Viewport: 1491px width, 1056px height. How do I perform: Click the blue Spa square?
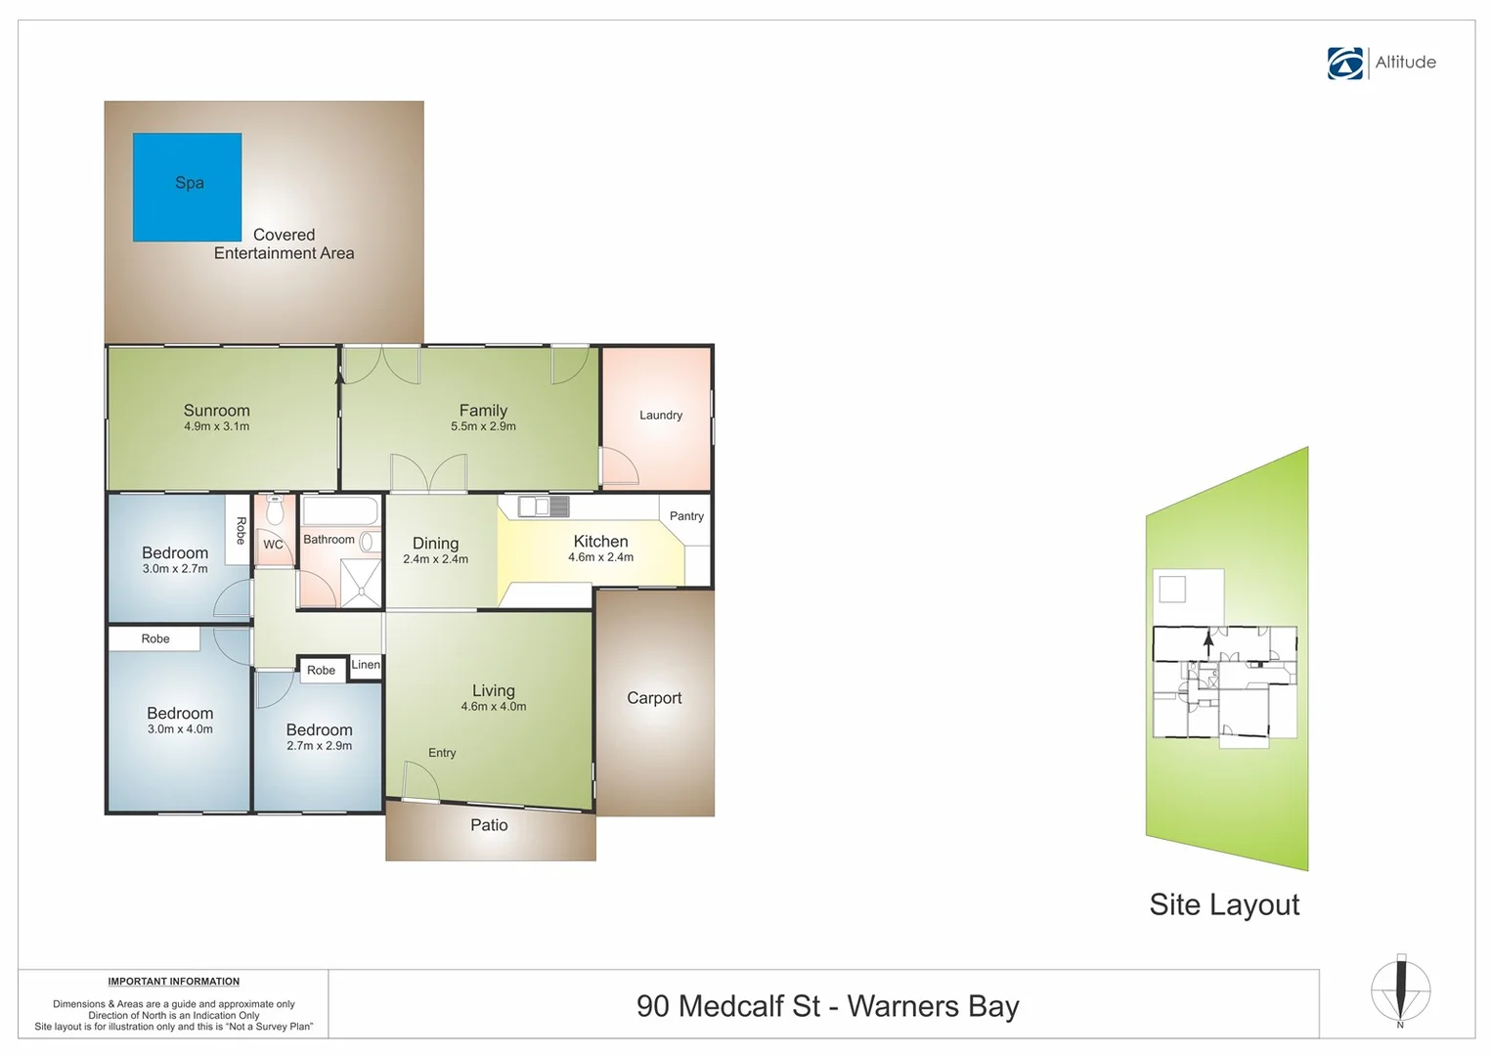(x=187, y=187)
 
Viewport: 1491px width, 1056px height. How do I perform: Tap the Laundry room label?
(x=661, y=416)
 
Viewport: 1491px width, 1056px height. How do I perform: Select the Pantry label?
(x=686, y=516)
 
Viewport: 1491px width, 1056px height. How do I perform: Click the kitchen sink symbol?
(x=544, y=506)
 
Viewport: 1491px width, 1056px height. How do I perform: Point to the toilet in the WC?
(x=275, y=511)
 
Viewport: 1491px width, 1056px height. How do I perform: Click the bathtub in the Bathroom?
(x=339, y=511)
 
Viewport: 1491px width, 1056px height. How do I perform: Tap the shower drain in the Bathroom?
(x=362, y=591)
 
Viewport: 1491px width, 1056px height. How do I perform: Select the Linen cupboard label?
(x=366, y=665)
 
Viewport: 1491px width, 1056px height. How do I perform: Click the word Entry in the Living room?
(x=442, y=753)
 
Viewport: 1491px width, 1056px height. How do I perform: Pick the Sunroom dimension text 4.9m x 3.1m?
(x=217, y=427)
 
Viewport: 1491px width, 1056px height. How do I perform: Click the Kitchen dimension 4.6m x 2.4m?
(x=600, y=558)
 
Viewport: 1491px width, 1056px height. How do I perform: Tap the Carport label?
(x=654, y=698)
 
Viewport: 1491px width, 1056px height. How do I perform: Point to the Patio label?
(x=489, y=825)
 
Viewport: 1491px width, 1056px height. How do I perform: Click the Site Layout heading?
(x=1224, y=904)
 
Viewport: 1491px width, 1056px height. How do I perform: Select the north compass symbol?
(x=1400, y=990)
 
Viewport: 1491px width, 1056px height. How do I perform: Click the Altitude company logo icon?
(x=1345, y=63)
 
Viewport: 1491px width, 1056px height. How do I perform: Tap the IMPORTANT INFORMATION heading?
(x=174, y=982)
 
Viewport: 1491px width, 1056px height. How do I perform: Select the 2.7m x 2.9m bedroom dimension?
(x=320, y=746)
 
